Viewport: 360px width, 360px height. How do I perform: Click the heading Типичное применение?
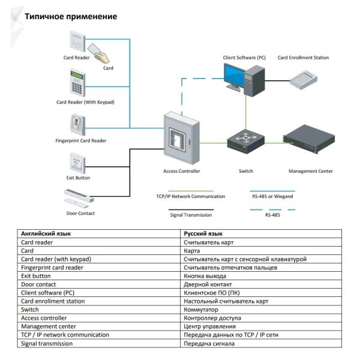click(x=70, y=16)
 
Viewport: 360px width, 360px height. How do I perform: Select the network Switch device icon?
click(x=245, y=142)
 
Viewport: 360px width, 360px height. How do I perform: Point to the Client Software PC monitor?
click(x=237, y=77)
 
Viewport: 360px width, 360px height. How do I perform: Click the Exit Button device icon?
click(x=77, y=161)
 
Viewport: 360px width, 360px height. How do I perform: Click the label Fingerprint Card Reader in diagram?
click(x=77, y=140)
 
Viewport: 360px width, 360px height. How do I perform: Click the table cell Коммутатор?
click(x=201, y=310)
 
